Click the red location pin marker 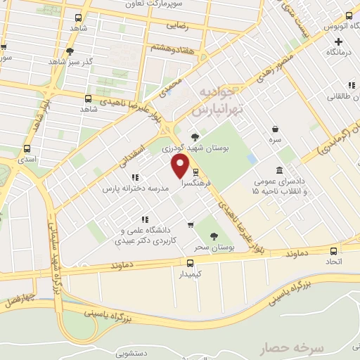(x=181, y=166)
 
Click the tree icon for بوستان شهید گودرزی (x=195, y=136)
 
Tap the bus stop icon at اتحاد (x=333, y=250)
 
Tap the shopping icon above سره (x=276, y=129)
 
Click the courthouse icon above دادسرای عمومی (x=280, y=171)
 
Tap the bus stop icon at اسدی (x=27, y=149)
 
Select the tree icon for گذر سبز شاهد (x=69, y=51)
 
